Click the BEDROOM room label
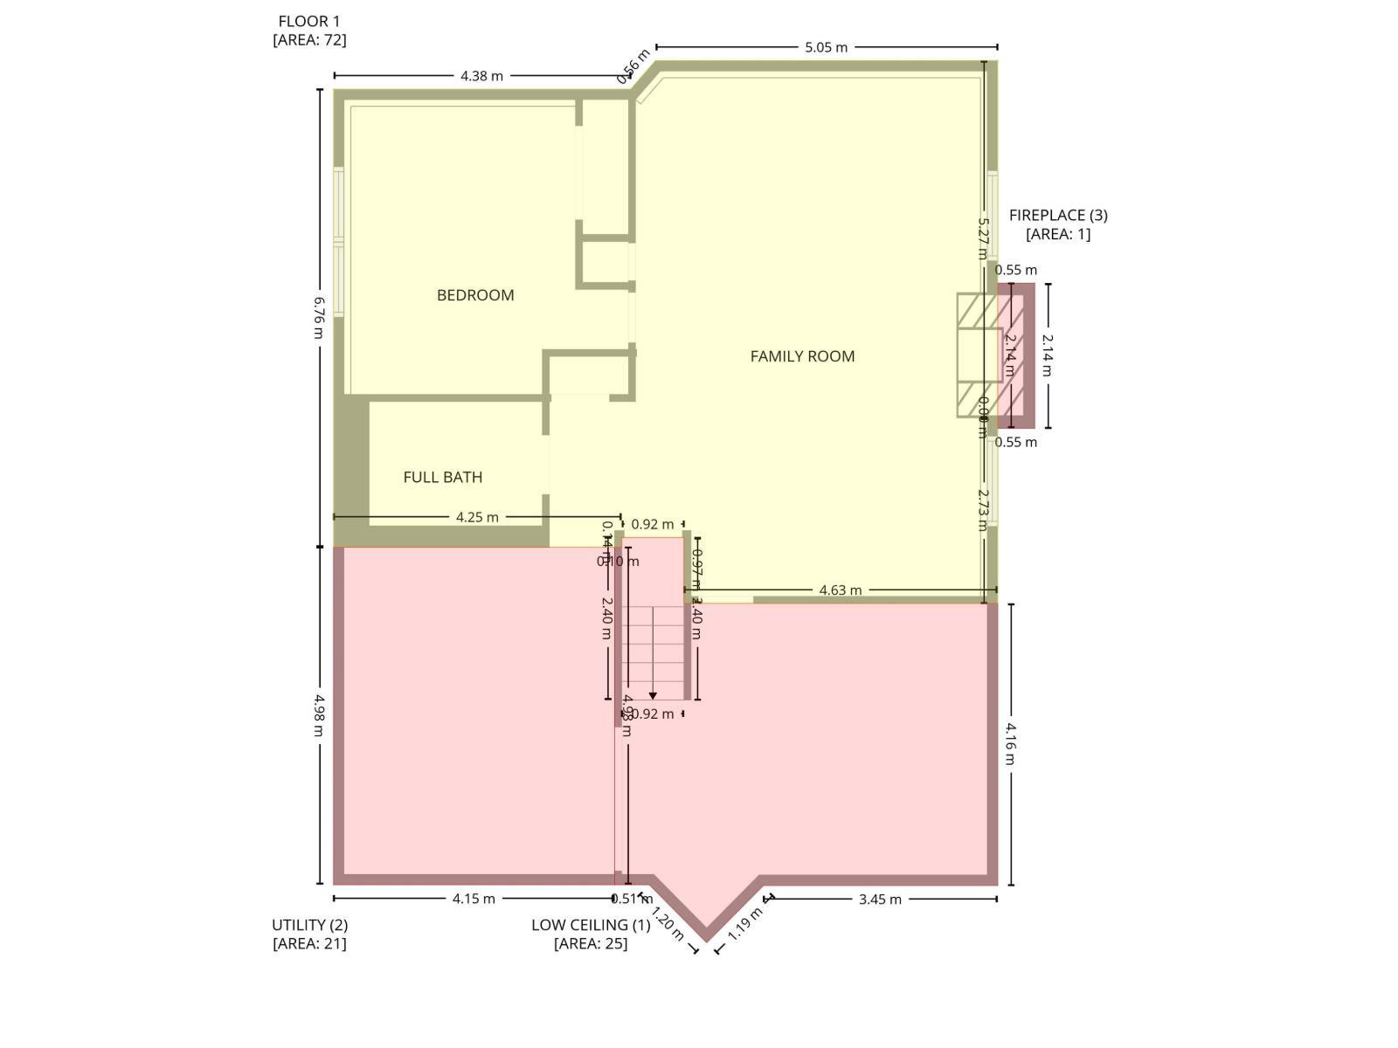pos(475,295)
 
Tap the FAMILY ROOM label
pos(802,356)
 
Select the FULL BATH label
pos(443,477)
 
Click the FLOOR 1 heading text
pos(309,21)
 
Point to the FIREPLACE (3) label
pos(1058,215)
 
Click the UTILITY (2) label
pos(309,925)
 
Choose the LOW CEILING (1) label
pos(591,925)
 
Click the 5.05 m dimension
pos(827,47)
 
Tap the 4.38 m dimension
pos(482,76)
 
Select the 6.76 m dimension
pos(320,311)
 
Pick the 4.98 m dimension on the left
pos(320,714)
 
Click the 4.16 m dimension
pos(1011,742)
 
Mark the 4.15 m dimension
pos(474,899)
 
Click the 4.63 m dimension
pos(841,590)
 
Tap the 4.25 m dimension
pos(477,517)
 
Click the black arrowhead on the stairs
pos(653,696)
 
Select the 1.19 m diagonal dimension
pos(744,924)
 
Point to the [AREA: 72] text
pos(309,40)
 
